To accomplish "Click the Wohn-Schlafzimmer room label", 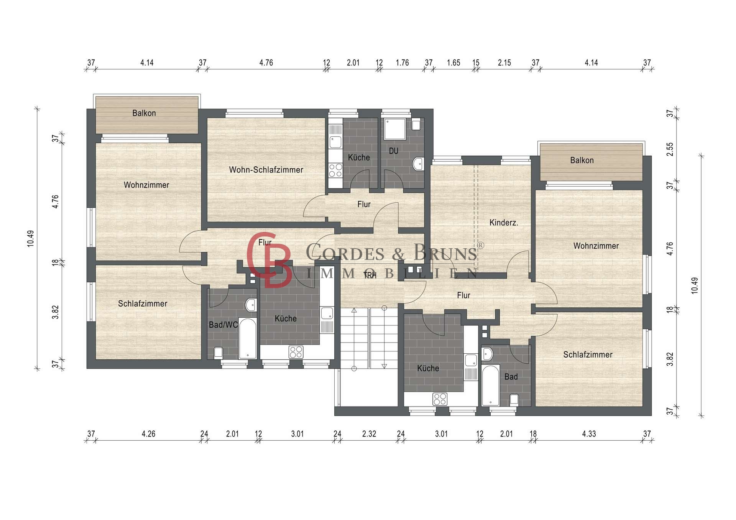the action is point(266,170).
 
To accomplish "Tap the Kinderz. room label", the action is point(504,223).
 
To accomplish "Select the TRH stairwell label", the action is point(370,275).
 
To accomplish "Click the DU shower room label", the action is point(394,151).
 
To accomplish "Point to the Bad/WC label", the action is point(223,325).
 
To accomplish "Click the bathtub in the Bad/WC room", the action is point(248,338).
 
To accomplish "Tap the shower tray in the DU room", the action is point(394,129).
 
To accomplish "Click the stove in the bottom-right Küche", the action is point(440,399).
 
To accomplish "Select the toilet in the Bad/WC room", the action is point(218,353).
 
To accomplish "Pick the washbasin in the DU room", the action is point(417,164).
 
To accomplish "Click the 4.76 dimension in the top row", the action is point(266,62).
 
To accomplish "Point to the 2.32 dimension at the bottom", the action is point(369,434).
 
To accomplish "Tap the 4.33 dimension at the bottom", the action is point(589,434).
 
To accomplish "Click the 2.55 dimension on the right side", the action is point(670,149).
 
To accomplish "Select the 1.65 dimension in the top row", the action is point(453,62).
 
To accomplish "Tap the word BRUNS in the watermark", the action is point(445,253).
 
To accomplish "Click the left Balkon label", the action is point(144,113).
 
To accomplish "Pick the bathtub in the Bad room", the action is point(491,385).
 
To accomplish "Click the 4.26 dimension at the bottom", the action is point(148,434).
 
